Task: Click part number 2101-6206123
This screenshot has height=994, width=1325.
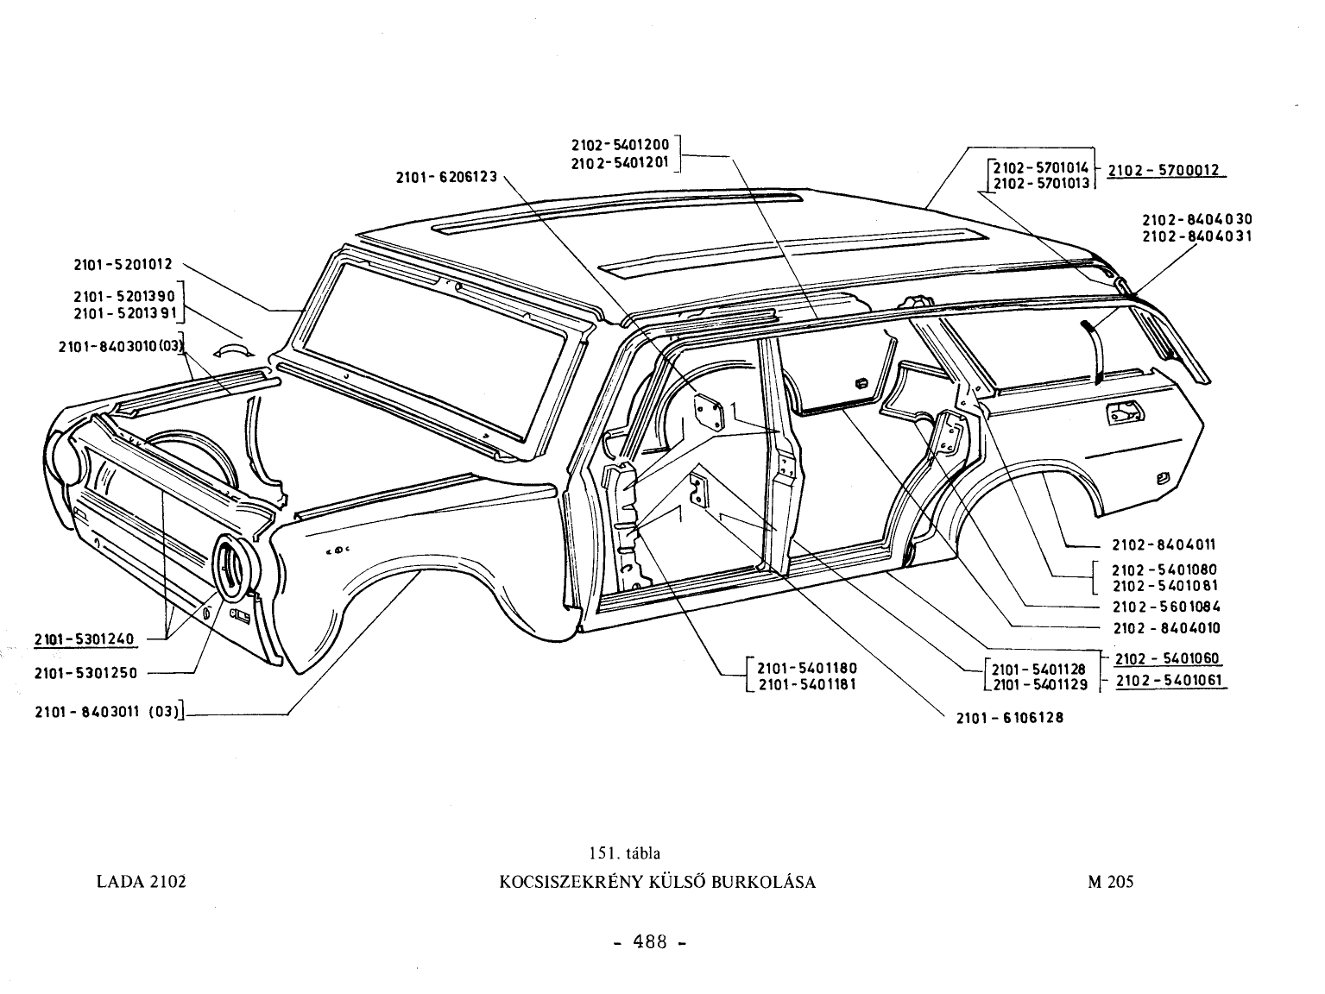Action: pyautogui.click(x=446, y=177)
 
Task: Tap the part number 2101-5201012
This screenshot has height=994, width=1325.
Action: pyautogui.click(x=123, y=264)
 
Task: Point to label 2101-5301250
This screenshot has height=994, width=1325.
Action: pyautogui.click(x=85, y=673)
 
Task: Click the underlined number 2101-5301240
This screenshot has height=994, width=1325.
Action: pyautogui.click(x=84, y=639)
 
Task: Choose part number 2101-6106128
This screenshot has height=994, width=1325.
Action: pyautogui.click(x=1010, y=718)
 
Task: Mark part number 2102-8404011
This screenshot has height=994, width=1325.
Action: pyautogui.click(x=1164, y=544)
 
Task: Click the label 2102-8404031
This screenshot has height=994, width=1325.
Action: pyautogui.click(x=1197, y=236)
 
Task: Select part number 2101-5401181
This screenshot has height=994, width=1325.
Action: pyautogui.click(x=807, y=684)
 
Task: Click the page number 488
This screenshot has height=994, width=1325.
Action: pyautogui.click(x=649, y=941)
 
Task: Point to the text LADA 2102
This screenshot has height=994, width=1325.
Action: pyautogui.click(x=142, y=882)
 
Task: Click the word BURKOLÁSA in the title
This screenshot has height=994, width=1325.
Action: pyautogui.click(x=764, y=882)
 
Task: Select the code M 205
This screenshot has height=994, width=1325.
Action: pyautogui.click(x=1111, y=882)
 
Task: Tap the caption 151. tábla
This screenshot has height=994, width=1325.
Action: pyautogui.click(x=625, y=852)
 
